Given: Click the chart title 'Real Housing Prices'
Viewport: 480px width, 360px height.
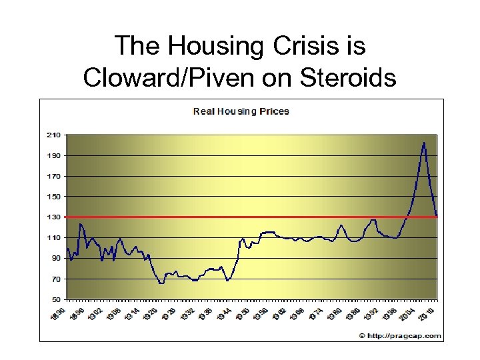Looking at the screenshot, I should point(241,111).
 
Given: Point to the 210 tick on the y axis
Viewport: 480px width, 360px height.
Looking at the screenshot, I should point(53,135).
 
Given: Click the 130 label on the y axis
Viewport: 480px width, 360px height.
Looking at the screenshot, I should point(53,217).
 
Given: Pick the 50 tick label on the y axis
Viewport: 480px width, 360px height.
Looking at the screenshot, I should point(55,299).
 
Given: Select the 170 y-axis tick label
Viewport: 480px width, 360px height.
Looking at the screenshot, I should point(53,176).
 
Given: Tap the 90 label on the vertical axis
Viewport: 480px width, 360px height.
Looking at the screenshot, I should point(55,258).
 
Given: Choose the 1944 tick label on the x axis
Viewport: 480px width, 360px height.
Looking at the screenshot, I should point(226,314).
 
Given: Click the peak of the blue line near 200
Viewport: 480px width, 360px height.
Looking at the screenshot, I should point(424,143).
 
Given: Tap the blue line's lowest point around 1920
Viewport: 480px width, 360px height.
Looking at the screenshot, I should point(161,283).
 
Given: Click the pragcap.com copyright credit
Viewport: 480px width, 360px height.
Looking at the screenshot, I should point(400,335).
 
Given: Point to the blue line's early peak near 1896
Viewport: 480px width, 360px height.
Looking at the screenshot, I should point(81,224).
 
